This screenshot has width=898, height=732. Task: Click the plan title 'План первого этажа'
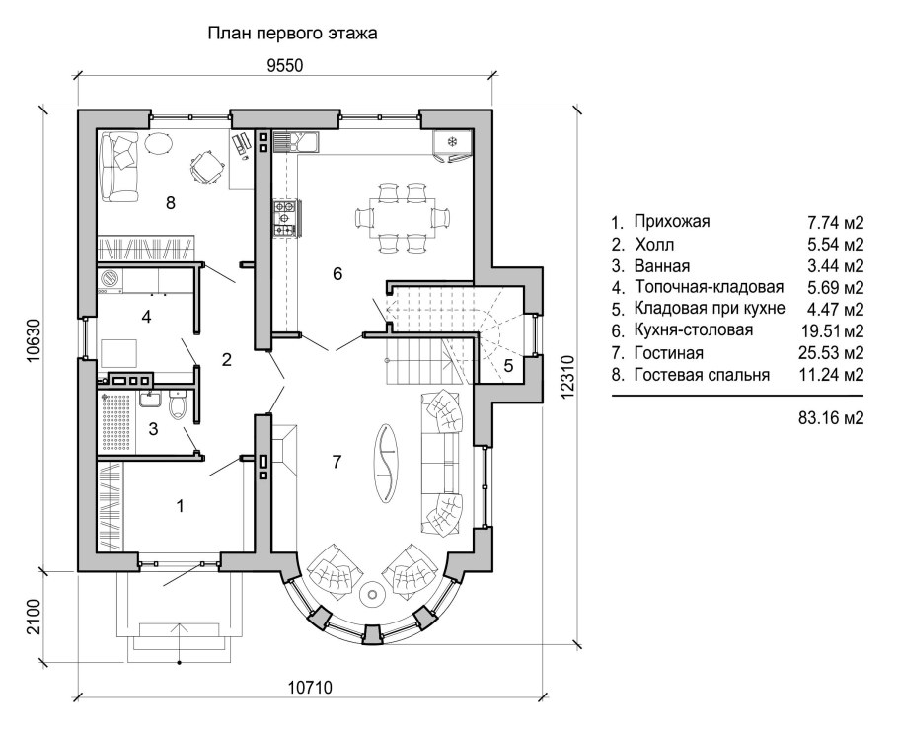[292, 34]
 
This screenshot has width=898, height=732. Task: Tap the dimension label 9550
[284, 66]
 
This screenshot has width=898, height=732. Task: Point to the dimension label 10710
[310, 687]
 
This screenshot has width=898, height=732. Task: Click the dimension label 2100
[35, 616]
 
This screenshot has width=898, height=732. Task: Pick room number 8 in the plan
[170, 202]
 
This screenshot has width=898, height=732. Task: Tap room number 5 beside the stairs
[508, 366]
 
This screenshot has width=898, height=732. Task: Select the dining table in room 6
[402, 217]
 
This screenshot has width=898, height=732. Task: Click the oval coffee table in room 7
[387, 463]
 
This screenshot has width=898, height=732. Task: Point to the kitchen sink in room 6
[295, 141]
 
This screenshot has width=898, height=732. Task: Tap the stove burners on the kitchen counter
[285, 217]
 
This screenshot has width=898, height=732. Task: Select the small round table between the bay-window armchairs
[372, 595]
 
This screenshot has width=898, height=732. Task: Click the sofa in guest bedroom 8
[119, 166]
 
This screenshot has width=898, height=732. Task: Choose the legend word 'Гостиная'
[668, 353]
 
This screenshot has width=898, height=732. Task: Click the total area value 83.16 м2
[831, 418]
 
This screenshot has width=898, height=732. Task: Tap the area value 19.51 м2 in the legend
[833, 330]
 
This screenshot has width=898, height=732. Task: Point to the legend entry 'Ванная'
[661, 266]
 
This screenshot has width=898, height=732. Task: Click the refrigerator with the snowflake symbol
[452, 145]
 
